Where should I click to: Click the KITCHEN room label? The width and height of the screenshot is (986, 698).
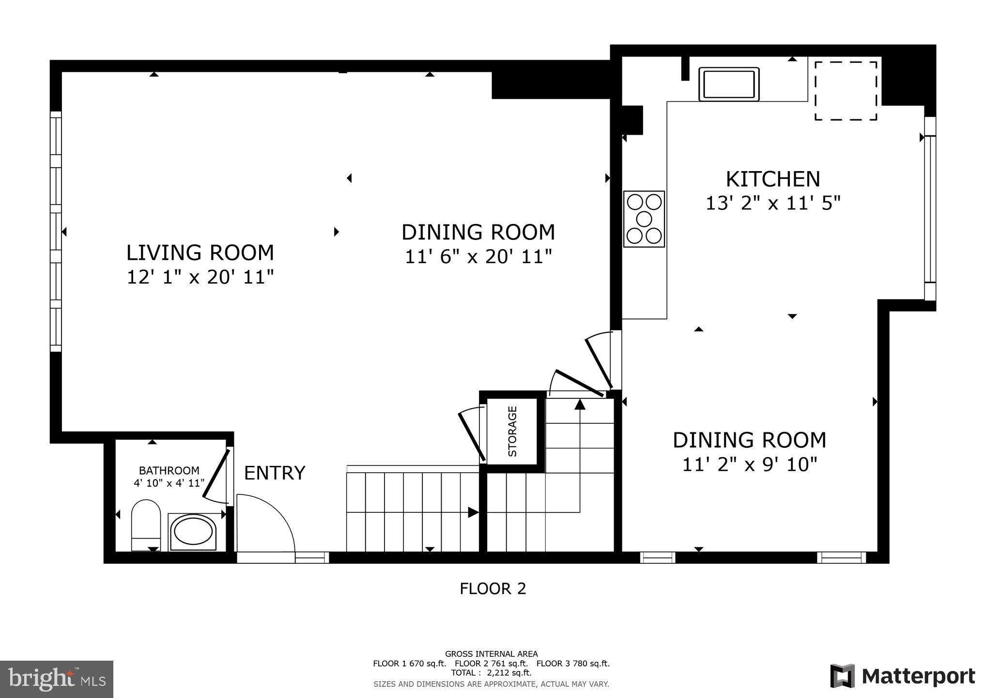point(772,179)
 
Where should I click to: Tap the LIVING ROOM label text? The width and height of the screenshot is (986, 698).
point(200,253)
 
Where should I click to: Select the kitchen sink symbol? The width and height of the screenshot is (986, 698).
point(729,84)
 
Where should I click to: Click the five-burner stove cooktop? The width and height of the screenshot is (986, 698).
point(644,219)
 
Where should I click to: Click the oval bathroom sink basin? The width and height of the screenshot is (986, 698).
point(193,532)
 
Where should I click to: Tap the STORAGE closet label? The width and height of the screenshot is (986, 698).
point(512,431)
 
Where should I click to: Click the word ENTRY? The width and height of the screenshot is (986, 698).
point(275,473)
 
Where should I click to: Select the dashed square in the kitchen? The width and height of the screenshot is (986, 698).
point(846,91)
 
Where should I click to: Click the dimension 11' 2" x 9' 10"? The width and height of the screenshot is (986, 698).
point(749,465)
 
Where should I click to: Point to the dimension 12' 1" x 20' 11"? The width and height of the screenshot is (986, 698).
point(200,277)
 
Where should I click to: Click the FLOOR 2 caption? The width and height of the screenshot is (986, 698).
point(493,588)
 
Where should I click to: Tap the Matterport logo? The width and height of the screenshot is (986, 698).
point(902,676)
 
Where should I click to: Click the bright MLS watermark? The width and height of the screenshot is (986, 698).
point(57,679)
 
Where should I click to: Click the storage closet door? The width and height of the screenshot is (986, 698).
point(472,435)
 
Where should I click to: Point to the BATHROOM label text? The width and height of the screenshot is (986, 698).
point(169,471)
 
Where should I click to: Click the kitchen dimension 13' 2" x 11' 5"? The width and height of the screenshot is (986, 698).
point(772,203)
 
